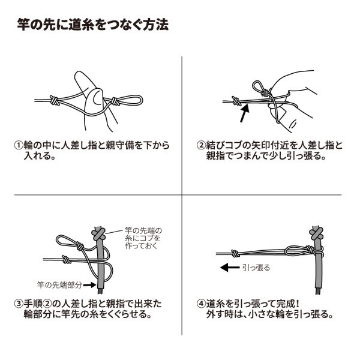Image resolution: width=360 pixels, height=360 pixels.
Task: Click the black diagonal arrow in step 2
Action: [244, 112]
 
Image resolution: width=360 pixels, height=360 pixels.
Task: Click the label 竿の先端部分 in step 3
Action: [58, 283]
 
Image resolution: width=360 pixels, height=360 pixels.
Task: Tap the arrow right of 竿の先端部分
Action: [88, 283]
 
